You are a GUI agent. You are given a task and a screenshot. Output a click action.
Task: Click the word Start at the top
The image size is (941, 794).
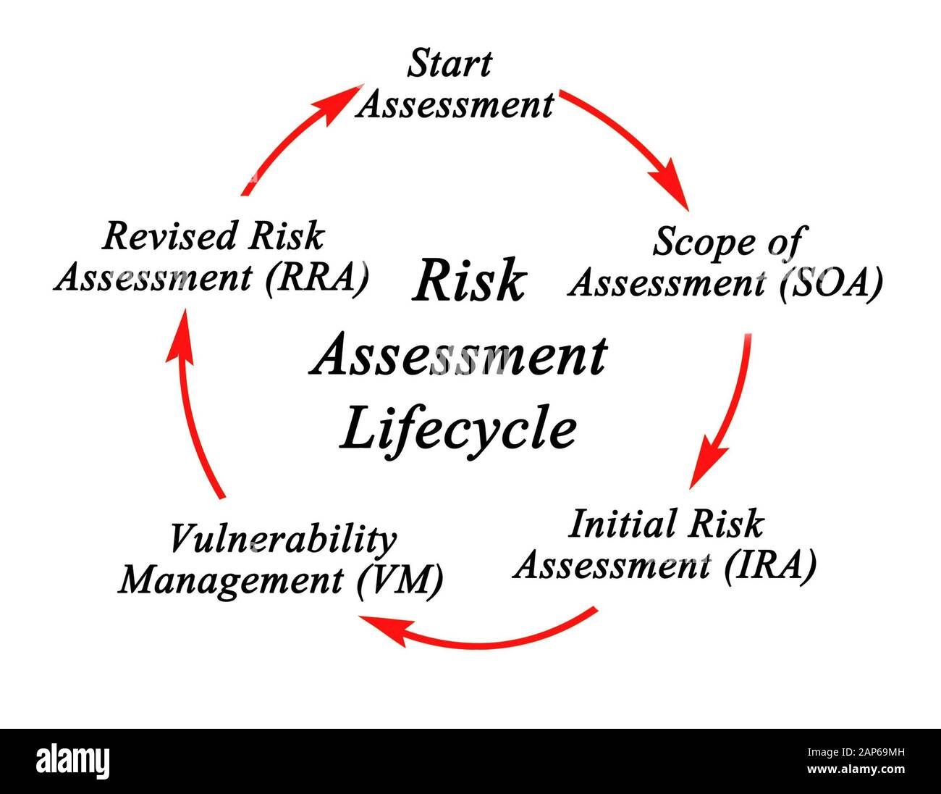point(449,64)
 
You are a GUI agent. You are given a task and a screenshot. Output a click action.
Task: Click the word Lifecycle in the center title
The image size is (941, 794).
point(458,429)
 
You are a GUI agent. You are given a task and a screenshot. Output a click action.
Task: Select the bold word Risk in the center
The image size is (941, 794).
point(468,282)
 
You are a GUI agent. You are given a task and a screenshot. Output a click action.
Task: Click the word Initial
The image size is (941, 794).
point(623,524)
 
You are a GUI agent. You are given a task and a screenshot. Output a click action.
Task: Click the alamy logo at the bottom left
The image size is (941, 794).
point(72,761)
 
